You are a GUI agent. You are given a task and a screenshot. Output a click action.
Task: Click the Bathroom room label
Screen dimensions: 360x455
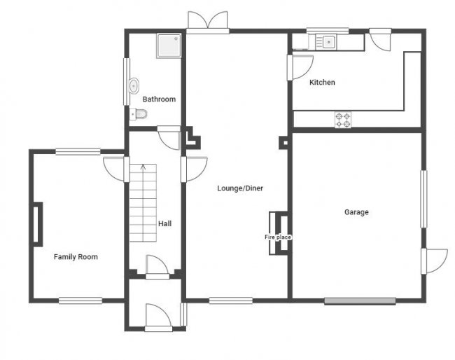(159, 99)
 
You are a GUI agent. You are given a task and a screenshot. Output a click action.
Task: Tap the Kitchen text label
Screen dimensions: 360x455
(322, 83)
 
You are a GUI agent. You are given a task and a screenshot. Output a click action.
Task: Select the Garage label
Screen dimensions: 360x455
(356, 212)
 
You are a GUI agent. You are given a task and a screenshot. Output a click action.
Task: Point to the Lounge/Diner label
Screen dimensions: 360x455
(240, 188)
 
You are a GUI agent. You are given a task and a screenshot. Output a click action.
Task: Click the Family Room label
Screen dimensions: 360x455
(76, 257)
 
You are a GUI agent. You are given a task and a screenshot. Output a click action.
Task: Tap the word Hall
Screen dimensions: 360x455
(165, 223)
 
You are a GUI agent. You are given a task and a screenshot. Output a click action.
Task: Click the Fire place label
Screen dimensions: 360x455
(277, 237)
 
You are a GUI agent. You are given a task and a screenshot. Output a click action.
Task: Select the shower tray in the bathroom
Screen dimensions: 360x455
(168, 46)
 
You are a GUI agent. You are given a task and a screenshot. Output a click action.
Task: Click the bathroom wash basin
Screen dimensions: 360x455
(133, 85)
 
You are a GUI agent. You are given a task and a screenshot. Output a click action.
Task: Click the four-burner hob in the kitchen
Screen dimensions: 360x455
(343, 120)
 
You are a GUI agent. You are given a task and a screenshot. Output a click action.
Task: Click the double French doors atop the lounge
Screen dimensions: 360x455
(208, 21)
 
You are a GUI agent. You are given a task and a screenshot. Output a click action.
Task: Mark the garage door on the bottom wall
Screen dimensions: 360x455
(360, 301)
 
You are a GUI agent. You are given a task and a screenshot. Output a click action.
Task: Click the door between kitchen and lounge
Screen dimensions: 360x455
(301, 67)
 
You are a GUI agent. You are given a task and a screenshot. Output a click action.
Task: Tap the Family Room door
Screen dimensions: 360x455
(115, 168)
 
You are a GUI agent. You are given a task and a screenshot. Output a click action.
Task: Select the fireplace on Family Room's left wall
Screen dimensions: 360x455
(36, 223)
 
